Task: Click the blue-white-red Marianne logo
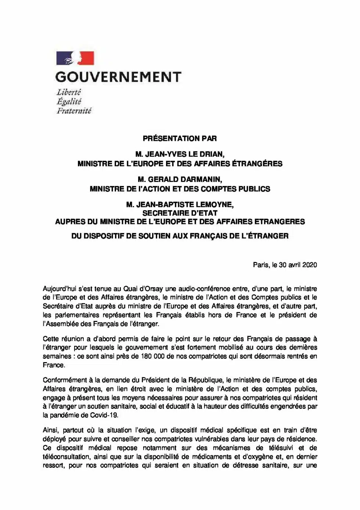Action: pyautogui.click(x=75, y=58)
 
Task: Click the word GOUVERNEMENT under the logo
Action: pyautogui.click(x=118, y=77)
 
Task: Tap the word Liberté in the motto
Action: pyautogui.click(x=69, y=92)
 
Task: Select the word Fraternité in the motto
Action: pyautogui.click(x=74, y=111)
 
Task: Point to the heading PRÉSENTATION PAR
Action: pyautogui.click(x=180, y=139)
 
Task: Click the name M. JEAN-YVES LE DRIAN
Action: pyautogui.click(x=180, y=154)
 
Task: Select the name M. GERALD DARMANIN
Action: pyautogui.click(x=180, y=180)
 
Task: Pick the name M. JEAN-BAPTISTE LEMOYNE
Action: pyautogui.click(x=180, y=204)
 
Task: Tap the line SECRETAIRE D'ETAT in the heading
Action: pyautogui.click(x=180, y=213)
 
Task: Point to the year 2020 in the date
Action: pyautogui.click(x=310, y=265)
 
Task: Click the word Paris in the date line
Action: pyautogui.click(x=260, y=265)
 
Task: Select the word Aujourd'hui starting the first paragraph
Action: pyautogui.click(x=60, y=289)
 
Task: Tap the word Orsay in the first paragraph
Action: pyautogui.click(x=153, y=289)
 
